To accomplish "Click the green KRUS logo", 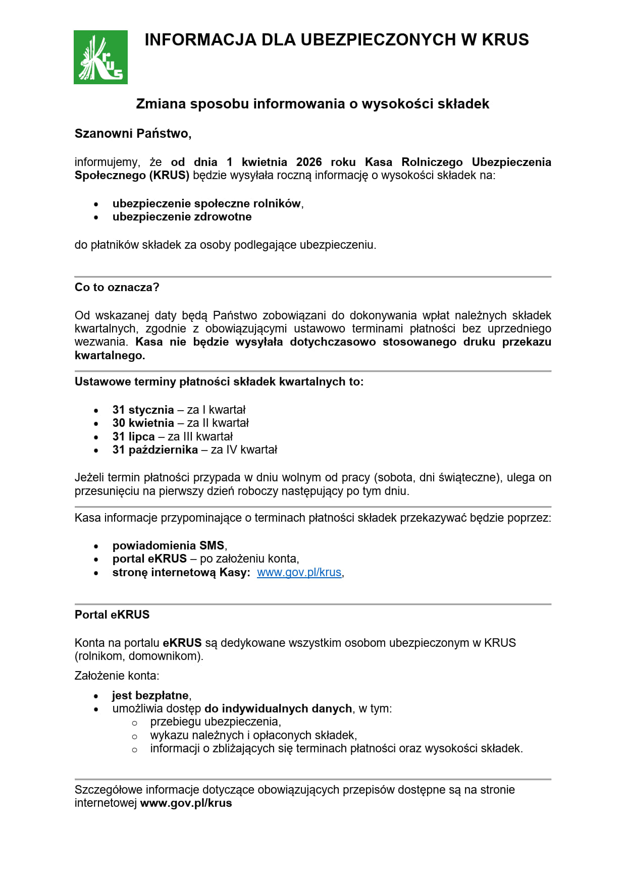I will pyautogui.click(x=100, y=57).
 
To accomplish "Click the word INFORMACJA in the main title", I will pyautogui.click(x=200, y=40).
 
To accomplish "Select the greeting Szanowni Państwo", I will pyautogui.click(x=133, y=134).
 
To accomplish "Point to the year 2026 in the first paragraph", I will pyautogui.click(x=309, y=162).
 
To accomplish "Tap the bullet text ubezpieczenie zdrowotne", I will pyautogui.click(x=182, y=217).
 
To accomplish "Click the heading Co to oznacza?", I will pyautogui.click(x=117, y=288).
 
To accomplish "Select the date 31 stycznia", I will pyautogui.click(x=143, y=410).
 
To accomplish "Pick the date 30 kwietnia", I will pyautogui.click(x=143, y=423).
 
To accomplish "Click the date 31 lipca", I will pyautogui.click(x=133, y=436).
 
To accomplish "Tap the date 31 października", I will pyautogui.click(x=155, y=450).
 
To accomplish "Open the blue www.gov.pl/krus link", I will pyautogui.click(x=299, y=573).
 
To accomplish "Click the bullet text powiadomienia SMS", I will pyautogui.click(x=168, y=545).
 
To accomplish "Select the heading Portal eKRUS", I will pyautogui.click(x=112, y=615).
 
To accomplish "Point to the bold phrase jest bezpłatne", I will pyautogui.click(x=150, y=695).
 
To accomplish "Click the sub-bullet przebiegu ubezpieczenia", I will pyautogui.click(x=215, y=722).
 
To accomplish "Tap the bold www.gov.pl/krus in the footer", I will pyautogui.click(x=186, y=803).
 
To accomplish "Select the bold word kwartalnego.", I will pyautogui.click(x=110, y=355).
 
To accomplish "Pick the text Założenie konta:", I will pyautogui.click(x=117, y=676).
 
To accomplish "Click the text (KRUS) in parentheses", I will pyautogui.click(x=169, y=176).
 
